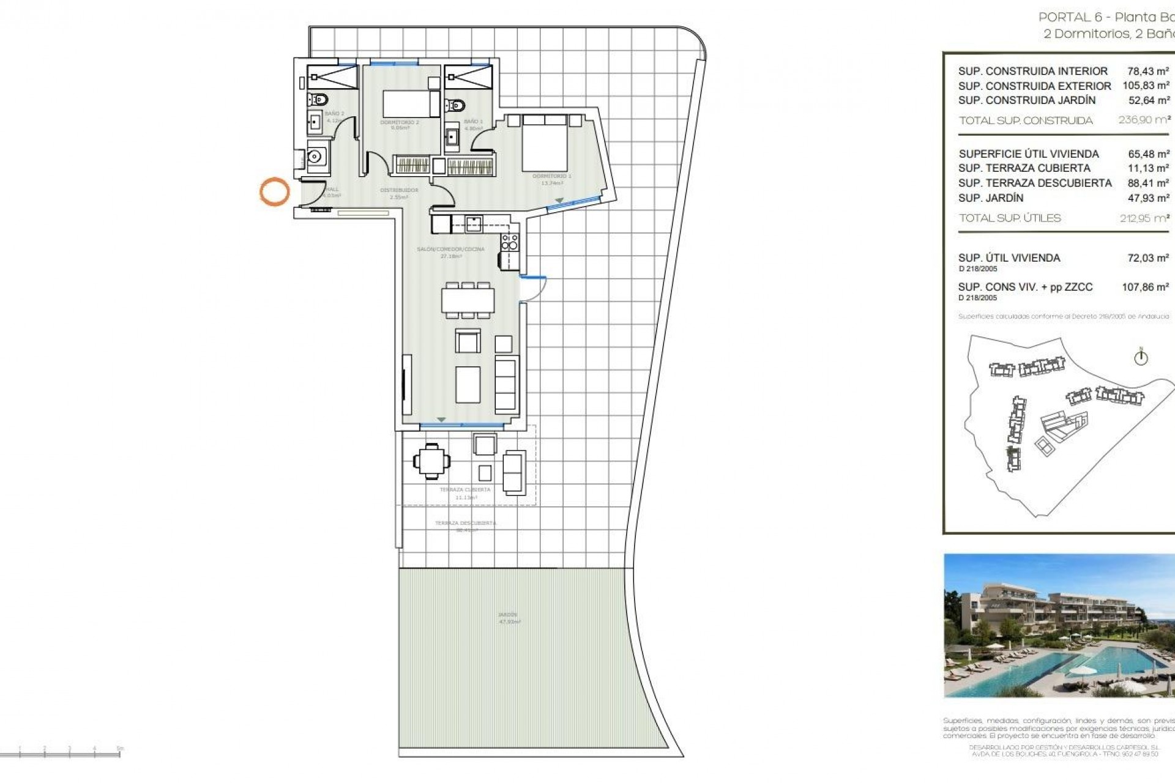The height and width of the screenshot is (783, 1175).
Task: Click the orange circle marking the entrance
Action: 274,191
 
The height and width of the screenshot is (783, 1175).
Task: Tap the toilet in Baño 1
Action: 455,105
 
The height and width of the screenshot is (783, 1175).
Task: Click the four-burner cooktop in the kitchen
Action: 509,242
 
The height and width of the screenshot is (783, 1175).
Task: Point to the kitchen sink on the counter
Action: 472,224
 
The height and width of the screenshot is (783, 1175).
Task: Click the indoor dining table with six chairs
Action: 468,300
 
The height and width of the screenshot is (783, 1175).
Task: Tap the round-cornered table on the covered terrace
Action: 431,461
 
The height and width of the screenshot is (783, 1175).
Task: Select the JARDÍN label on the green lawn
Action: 508,615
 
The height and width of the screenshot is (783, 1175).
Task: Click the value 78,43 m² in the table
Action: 1148,71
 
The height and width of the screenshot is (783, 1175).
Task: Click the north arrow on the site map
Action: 1141,357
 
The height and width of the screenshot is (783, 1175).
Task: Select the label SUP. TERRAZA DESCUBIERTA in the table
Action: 1035,183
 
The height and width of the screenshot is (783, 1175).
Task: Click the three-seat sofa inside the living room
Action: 505,385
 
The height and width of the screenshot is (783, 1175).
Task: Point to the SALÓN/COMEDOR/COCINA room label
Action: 450,249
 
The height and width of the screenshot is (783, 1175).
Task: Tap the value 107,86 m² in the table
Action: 1145,287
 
